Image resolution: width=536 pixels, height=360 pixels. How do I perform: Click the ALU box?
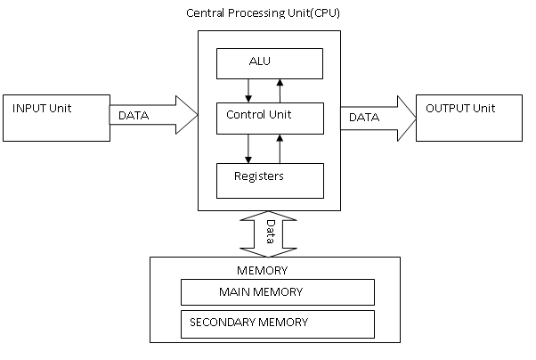270,62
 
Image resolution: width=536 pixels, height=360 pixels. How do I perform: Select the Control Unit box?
270,117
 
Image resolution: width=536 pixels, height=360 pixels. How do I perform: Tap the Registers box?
270,180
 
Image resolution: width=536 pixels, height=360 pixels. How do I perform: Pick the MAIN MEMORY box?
277,292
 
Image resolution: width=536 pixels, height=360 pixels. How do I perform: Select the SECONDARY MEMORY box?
277,323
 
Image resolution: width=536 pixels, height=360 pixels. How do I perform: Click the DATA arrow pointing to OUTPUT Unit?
377,116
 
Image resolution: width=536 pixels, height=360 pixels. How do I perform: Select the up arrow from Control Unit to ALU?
281,89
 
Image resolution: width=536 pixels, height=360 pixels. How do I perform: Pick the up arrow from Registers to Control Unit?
281,148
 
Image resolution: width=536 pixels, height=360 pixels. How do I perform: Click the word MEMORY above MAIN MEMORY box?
262,271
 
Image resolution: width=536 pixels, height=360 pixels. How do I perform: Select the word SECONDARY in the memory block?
220,323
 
